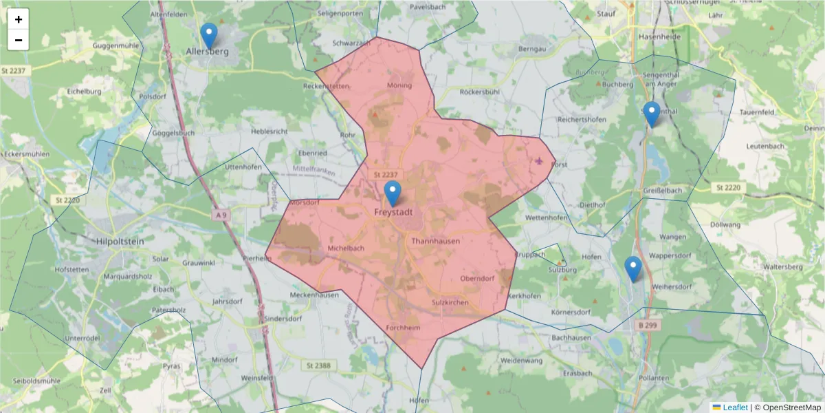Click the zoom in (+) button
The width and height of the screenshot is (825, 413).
[19, 19]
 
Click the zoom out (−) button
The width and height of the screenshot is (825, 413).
[19, 40]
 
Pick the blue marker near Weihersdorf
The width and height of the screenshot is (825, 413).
[632, 268]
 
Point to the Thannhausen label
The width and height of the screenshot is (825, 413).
[435, 241]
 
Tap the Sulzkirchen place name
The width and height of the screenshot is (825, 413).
[450, 303]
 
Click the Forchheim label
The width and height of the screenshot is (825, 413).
[403, 328]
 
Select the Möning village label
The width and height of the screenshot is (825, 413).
[399, 85]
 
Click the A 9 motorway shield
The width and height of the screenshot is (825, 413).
[220, 215]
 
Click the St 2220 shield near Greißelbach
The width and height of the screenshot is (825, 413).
[727, 187]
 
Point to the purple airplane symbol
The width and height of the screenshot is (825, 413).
[538, 161]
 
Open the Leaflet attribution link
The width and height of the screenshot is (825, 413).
[734, 407]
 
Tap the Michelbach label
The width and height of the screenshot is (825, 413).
[346, 248]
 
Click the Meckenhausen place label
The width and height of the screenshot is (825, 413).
[314, 295]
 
